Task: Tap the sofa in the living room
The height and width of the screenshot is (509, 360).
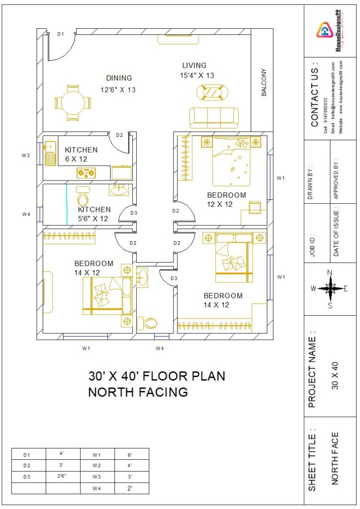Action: [x=213, y=117]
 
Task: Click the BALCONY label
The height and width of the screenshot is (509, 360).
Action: [x=264, y=83]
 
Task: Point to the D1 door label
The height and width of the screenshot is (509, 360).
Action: [x=61, y=34]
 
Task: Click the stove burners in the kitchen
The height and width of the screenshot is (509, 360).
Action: [x=86, y=173]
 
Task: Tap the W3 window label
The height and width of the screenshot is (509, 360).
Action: [x=26, y=156]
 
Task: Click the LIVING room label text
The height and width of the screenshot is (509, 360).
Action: [x=194, y=66]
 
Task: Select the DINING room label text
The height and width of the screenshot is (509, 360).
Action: [x=119, y=78]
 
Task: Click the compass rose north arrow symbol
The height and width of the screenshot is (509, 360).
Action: [x=330, y=288]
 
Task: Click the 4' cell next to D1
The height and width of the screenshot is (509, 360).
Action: [x=63, y=454]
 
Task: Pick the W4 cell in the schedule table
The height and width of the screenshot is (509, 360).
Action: [x=97, y=489]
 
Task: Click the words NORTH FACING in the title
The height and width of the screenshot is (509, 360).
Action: [x=138, y=392]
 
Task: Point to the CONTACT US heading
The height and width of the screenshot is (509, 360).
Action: [x=314, y=95]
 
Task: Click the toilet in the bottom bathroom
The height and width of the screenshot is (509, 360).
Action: [x=147, y=323]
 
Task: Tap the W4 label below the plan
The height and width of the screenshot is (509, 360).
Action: [x=160, y=348]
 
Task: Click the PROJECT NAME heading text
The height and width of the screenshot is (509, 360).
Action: [x=312, y=369]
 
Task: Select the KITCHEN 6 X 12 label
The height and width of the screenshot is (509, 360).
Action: [x=81, y=154]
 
